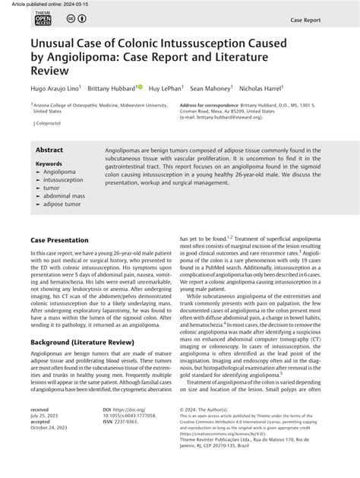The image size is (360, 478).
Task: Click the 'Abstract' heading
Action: (x=49, y=150)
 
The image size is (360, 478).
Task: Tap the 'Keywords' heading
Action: (x=49, y=163)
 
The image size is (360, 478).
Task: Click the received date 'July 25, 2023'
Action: (x=47, y=417)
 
